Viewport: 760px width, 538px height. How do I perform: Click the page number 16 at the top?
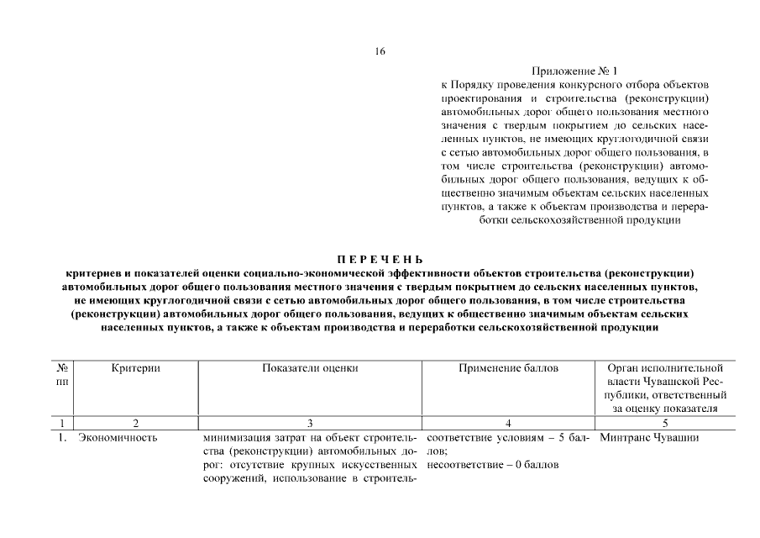point(380,51)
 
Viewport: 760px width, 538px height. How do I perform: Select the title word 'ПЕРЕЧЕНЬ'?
point(380,259)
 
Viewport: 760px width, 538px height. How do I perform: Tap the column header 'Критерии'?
point(135,368)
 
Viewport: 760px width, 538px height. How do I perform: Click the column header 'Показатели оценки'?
point(310,368)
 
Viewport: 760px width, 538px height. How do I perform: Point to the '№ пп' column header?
point(62,375)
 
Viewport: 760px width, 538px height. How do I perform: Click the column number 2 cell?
point(135,422)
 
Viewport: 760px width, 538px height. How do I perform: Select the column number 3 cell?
point(310,422)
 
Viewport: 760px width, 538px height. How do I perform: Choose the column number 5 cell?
point(664,422)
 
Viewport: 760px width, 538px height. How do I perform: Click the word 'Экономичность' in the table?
point(117,438)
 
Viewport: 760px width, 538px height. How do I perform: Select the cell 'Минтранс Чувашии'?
point(650,438)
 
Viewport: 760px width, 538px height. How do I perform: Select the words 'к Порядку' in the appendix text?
point(467,86)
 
